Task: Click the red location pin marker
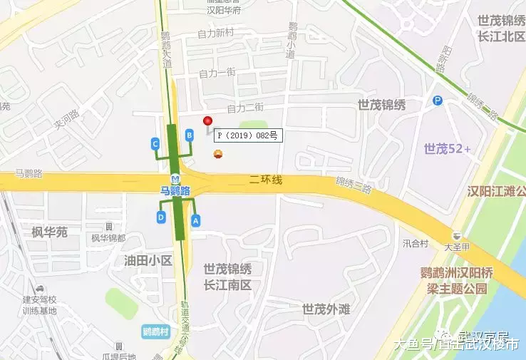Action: (x=208, y=121)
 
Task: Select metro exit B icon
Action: (x=190, y=134)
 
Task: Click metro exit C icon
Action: (x=155, y=143)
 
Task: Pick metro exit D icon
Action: (x=161, y=217)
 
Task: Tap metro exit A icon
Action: (x=196, y=221)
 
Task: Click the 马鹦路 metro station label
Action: (x=175, y=190)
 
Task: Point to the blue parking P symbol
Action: (x=438, y=101)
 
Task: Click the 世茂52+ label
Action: (x=447, y=148)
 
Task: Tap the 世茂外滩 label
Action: (x=326, y=309)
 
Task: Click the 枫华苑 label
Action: (x=49, y=232)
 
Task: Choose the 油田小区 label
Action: (x=148, y=260)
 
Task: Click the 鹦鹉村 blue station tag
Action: (x=155, y=331)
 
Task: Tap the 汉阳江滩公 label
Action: (x=496, y=191)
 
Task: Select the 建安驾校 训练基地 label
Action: (x=39, y=305)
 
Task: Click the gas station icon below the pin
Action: (x=217, y=154)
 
